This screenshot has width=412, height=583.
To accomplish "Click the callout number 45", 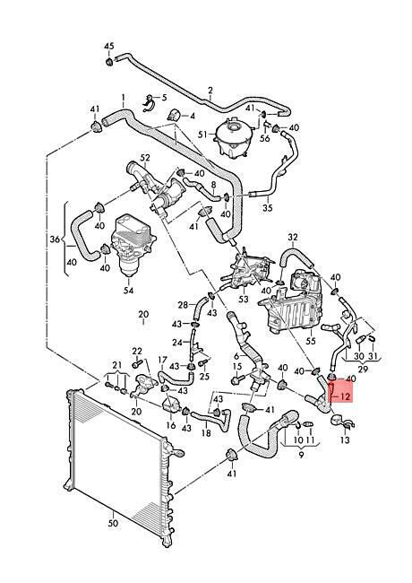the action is (108, 46).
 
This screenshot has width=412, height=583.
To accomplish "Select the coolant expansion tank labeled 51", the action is (233, 137).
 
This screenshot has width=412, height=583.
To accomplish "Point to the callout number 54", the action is (128, 290).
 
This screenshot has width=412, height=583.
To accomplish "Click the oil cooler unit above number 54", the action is (133, 246).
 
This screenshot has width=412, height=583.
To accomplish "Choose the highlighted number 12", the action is (345, 396).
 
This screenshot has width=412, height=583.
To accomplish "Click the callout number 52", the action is (145, 157).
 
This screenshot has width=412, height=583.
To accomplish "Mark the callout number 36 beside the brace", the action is (55, 239).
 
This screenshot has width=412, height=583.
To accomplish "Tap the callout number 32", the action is (293, 237).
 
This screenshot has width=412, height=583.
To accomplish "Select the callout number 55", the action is (310, 341).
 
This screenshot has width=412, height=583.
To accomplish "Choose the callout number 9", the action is (301, 455).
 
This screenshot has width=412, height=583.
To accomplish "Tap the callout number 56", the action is (264, 138).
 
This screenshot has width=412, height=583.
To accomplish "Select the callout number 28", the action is (183, 305).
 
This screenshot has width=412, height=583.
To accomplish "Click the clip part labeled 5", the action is (150, 102).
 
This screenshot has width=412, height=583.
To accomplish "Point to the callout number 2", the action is (210, 91).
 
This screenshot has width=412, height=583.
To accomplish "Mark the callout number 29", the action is (363, 369).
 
